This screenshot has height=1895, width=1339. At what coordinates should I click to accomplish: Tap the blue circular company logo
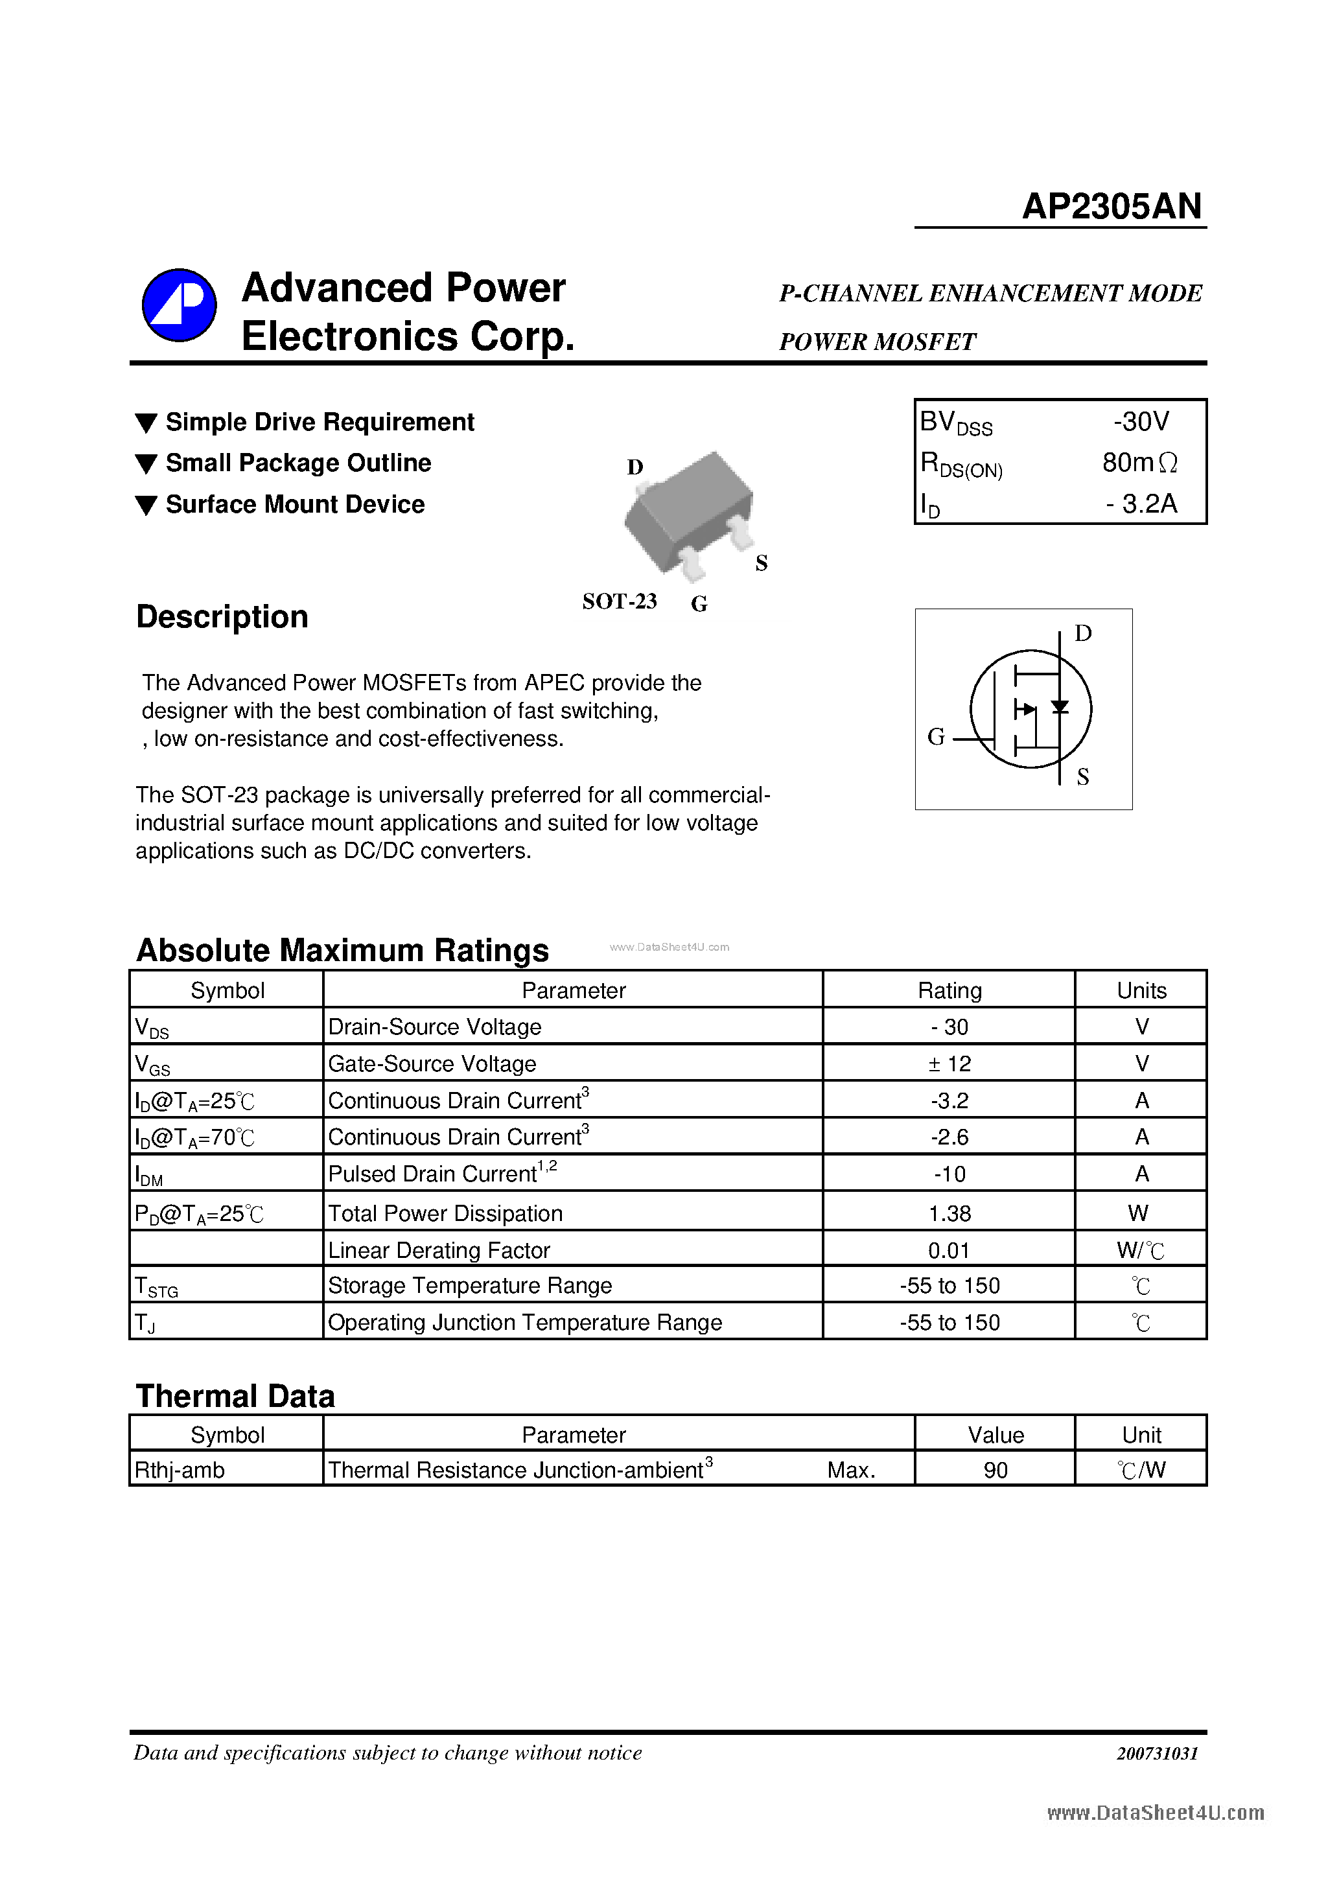coord(179,305)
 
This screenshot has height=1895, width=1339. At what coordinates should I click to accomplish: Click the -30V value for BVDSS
coord(1141,422)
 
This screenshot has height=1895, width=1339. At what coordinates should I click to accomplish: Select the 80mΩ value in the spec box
coord(1139,463)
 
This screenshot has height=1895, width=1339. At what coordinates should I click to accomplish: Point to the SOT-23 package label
coord(619,601)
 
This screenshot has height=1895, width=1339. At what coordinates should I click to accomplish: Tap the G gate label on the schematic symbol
coord(935,736)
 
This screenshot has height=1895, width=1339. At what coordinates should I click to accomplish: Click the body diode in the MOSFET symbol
coord(1060,706)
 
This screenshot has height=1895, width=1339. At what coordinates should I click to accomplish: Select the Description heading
coord(222,616)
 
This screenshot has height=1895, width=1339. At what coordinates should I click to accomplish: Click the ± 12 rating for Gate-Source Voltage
coord(949,1064)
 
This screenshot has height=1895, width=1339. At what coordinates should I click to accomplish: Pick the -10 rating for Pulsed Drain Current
coord(949,1174)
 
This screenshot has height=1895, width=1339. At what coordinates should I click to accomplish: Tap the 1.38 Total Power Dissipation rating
coord(949,1213)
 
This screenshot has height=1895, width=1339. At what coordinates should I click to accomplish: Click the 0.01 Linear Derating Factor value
coord(949,1250)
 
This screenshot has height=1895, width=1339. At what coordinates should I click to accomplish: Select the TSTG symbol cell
coord(157,1286)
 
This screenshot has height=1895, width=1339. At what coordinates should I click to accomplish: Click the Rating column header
coord(949,990)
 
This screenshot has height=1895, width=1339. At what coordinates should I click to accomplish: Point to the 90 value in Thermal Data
coord(996,1470)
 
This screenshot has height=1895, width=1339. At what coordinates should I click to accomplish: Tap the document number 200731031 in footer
coord(1157,1753)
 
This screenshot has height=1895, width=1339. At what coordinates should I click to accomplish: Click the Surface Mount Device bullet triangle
coord(146,505)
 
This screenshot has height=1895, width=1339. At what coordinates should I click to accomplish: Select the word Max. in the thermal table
coord(851,1470)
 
